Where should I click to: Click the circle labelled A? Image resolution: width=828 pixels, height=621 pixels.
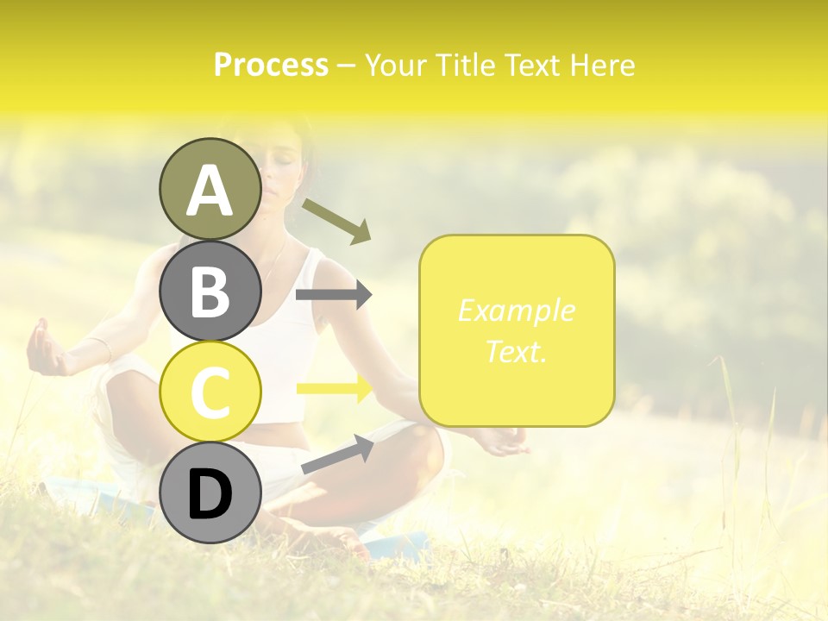pos(210,189)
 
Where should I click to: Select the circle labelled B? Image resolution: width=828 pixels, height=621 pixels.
pos(210,291)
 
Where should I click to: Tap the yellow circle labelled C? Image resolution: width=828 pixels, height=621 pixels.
pos(210,392)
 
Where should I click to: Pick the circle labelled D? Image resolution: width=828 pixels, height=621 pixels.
pos(210,494)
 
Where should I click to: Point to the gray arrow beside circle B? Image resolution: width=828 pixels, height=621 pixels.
pos(334,295)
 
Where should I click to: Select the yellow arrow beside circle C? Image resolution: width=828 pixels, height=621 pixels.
pos(334,388)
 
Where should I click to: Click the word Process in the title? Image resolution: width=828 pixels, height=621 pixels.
pos(271,66)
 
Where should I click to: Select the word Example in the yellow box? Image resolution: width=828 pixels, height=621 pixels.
pos(516,310)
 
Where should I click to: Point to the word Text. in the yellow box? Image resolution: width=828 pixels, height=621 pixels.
pos(516,351)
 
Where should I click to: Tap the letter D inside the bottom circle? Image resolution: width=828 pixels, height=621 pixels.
pos(210,495)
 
